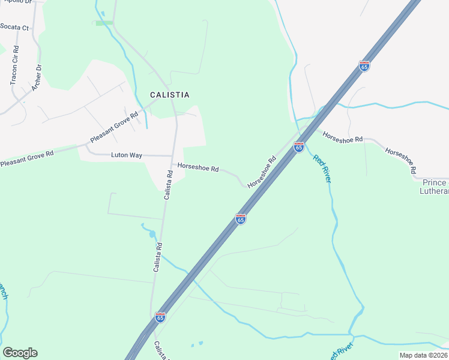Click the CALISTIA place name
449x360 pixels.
169,95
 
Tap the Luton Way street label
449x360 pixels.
127,155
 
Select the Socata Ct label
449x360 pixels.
14,28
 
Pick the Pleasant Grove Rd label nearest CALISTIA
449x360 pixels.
114,127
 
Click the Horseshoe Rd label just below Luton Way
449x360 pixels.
197,169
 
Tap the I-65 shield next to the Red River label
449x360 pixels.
299,146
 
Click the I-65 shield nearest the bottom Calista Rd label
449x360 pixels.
160,317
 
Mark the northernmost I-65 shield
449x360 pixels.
364,66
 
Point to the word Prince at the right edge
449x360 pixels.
435,182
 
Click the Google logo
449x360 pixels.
20,353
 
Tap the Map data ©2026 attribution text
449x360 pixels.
424,355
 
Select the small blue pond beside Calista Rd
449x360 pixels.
152,233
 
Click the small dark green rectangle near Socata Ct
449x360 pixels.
104,23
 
